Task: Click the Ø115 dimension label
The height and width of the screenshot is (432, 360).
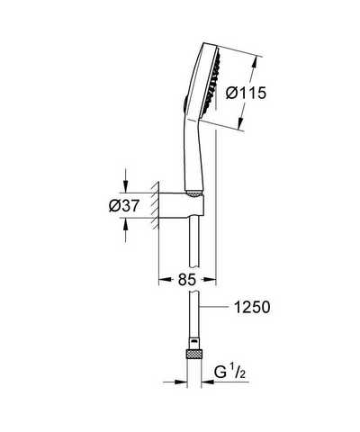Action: [x=246, y=93]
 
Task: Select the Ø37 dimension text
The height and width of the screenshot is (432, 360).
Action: [x=124, y=206]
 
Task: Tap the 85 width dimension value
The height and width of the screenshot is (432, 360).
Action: [x=187, y=280]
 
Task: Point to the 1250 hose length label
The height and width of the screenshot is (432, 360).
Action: [x=252, y=307]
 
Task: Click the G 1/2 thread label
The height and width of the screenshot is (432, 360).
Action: [x=230, y=373]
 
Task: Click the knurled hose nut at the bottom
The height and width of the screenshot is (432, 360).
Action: [x=194, y=355]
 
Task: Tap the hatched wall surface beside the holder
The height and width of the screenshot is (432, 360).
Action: [x=155, y=206]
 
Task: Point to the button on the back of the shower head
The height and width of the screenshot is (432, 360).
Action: [x=185, y=104]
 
